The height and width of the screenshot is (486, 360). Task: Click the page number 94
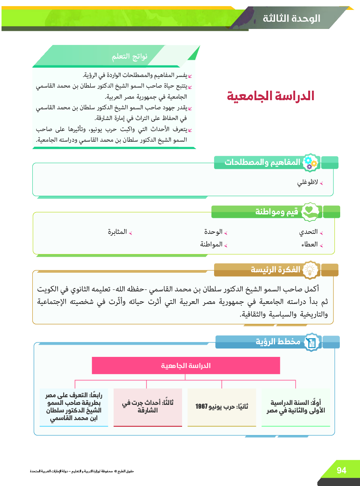(x=341, y=470)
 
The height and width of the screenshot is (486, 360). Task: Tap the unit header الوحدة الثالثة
(x=291, y=18)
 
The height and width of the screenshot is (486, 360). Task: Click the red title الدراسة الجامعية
(x=270, y=96)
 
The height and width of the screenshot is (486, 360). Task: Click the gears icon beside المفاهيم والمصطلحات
(x=309, y=163)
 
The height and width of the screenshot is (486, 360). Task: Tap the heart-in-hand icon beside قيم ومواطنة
(x=310, y=212)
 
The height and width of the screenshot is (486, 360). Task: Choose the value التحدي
(x=308, y=232)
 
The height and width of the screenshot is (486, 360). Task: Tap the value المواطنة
(x=211, y=245)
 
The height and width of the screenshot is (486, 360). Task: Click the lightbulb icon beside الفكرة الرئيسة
(x=310, y=270)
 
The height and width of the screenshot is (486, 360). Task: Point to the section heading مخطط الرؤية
(x=278, y=342)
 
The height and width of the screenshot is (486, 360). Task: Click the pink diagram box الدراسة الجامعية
(x=186, y=366)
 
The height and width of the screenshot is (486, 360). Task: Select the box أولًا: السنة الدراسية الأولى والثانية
(x=296, y=407)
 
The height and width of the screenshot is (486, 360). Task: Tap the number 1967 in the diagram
(x=202, y=406)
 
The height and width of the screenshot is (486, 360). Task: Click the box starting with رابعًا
(x=74, y=407)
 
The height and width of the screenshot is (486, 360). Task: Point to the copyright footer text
(x=82, y=471)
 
